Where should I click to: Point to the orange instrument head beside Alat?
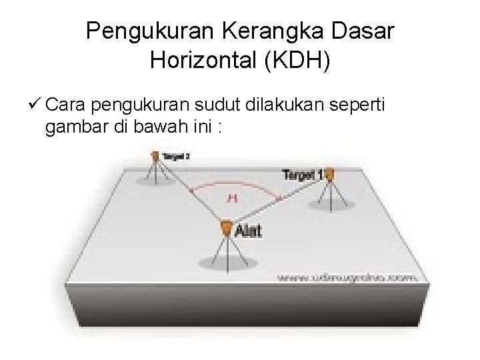tap(227, 229)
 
